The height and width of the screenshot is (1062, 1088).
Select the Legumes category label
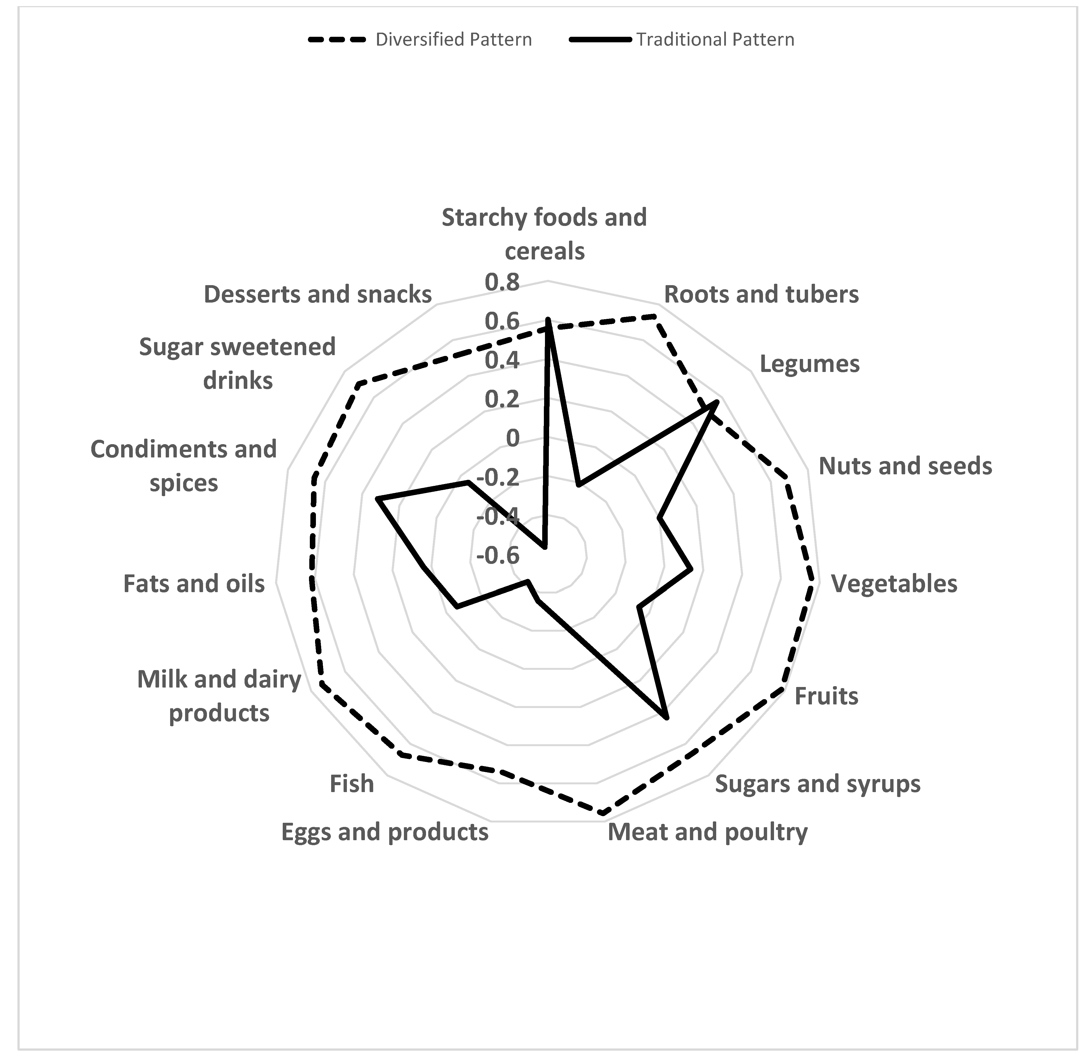tap(809, 364)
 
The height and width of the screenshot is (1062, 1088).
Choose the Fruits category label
tap(826, 696)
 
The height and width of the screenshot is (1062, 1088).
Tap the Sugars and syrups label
tap(817, 784)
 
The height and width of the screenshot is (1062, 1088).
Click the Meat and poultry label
tap(707, 832)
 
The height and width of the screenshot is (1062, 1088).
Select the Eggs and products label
tap(385, 832)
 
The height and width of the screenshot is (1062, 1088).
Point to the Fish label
tap(352, 784)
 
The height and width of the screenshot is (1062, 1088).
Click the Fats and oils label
tap(194, 584)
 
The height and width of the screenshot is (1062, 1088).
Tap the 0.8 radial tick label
tap(502, 283)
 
